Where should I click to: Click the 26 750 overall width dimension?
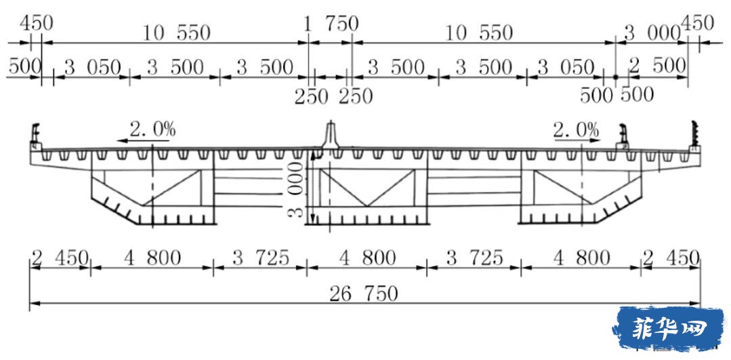pyautogui.click(x=364, y=294)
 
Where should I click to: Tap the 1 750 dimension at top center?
pyautogui.click(x=331, y=24)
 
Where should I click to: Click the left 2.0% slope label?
pyautogui.click(x=152, y=129)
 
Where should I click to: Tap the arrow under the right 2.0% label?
pyautogui.click(x=577, y=139)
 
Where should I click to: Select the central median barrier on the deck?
pyautogui.click(x=331, y=136)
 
